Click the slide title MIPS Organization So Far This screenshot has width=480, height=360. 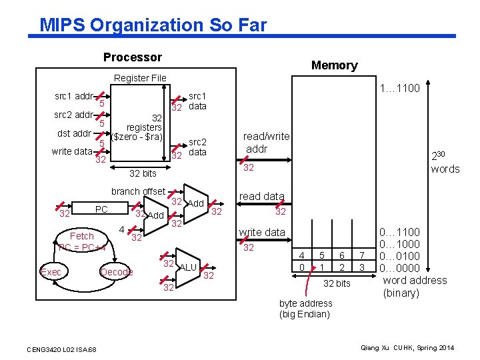153,25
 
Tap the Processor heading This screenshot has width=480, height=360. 132,57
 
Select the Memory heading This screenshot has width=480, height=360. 334,65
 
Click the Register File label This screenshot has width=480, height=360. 140,78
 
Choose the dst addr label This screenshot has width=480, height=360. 74,133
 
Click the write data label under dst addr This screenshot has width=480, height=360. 71,151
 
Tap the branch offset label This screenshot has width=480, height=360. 138,191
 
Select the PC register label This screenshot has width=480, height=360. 101,209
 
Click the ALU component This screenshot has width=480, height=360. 188,267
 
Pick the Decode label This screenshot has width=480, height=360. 116,271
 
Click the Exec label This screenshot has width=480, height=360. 51,271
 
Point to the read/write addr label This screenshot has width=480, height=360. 267,143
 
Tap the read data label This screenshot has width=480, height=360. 261,196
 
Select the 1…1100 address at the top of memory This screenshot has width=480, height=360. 399,89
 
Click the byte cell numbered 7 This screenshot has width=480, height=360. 362,255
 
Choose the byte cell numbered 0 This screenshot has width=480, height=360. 302,267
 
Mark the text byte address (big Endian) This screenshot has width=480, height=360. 305,309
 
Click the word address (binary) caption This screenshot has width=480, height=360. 414,287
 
